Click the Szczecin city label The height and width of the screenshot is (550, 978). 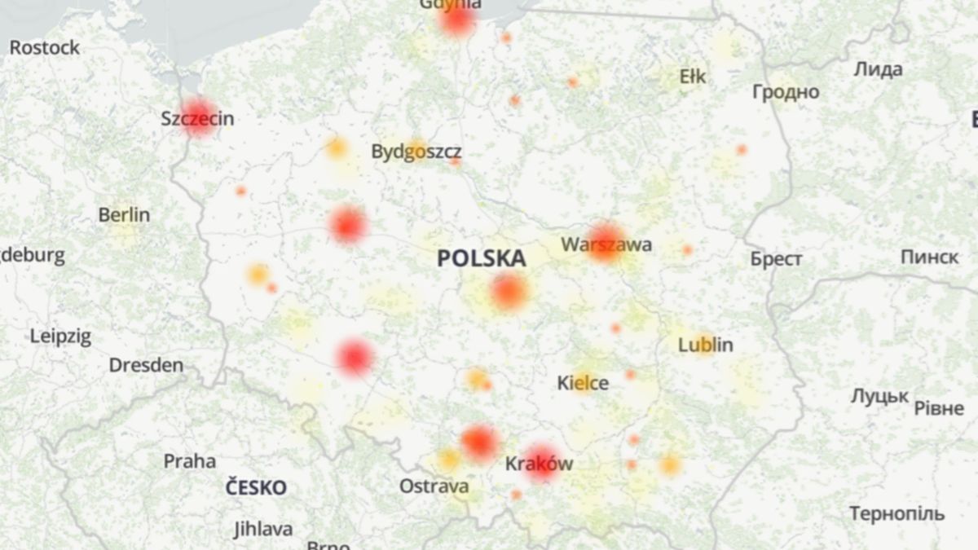[197, 119]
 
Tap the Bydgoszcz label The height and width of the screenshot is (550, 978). [416, 152]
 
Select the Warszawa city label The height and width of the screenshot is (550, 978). [606, 244]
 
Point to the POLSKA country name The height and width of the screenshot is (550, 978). [481, 259]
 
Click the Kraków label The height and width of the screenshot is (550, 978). [539, 464]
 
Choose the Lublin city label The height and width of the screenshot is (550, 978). [705, 345]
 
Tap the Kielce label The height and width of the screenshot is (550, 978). [583, 382]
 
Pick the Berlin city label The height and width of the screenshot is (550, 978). [124, 215]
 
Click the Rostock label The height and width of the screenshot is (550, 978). [45, 47]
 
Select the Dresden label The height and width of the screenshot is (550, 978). [146, 365]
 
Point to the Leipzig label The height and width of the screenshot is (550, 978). [60, 336]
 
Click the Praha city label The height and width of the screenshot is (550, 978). [190, 461]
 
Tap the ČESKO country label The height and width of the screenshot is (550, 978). [256, 488]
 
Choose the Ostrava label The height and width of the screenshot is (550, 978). [434, 486]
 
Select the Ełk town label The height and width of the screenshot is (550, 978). [693, 77]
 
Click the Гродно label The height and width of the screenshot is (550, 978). [785, 92]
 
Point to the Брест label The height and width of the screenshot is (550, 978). [776, 259]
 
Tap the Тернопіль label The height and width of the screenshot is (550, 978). [896, 514]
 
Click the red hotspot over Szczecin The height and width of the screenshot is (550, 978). [198, 117]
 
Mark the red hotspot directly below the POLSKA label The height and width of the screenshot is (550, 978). [509, 292]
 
